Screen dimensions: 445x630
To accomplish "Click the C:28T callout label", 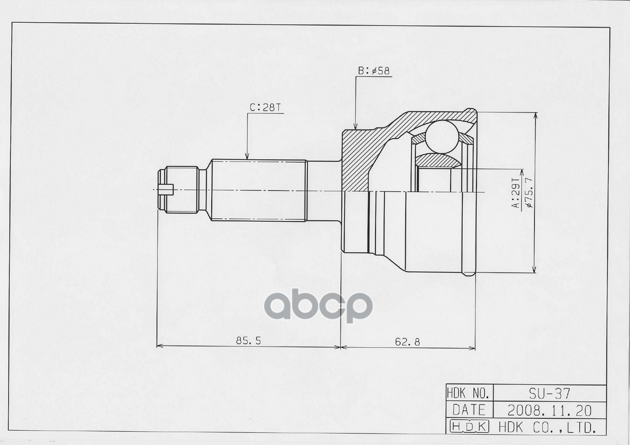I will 266,108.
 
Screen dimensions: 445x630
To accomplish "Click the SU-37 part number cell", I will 549,393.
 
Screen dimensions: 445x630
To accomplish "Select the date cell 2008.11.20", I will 549,410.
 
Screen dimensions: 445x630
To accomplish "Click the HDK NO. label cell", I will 469,393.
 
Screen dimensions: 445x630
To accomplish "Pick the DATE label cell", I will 469,410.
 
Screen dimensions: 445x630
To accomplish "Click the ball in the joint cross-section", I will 441,136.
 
